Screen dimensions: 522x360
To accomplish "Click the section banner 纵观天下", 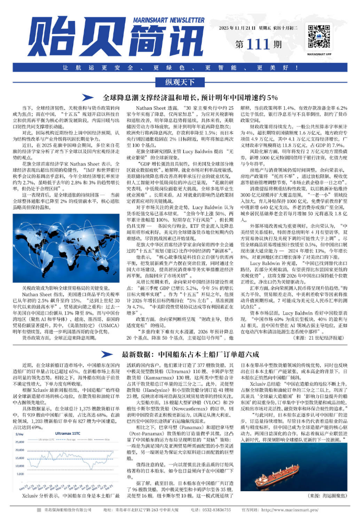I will coord(180,82).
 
